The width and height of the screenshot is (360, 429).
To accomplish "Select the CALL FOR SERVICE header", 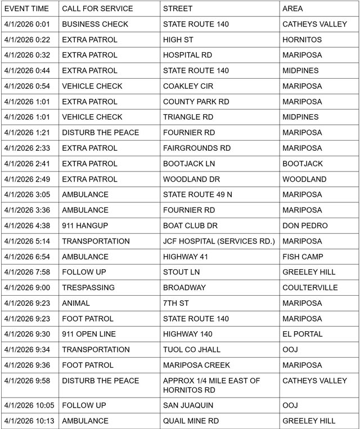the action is point(97,9).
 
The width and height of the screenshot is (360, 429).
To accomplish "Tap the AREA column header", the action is point(292,9).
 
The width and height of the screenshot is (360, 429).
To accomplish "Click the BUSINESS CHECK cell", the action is point(95,24).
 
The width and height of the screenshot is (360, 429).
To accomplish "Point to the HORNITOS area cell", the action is point(302,40).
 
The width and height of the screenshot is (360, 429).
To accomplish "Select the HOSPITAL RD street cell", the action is point(188,55).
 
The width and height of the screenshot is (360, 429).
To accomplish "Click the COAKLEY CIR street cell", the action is point(188,86).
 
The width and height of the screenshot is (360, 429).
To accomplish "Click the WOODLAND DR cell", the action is point(191,179).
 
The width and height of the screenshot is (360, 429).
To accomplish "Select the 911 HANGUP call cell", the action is point(85,225).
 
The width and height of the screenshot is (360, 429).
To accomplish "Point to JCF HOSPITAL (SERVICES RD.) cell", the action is point(219,241).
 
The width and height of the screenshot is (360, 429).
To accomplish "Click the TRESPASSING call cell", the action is point(88,287).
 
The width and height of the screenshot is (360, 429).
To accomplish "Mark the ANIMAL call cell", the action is point(75,303).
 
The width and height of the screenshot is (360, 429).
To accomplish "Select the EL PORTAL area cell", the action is point(303,334).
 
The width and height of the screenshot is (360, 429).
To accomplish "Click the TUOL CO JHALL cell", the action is point(191,349).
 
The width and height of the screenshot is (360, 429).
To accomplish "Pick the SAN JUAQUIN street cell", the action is point(189,405).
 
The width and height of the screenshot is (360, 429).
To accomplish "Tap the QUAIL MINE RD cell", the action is point(191,421).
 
